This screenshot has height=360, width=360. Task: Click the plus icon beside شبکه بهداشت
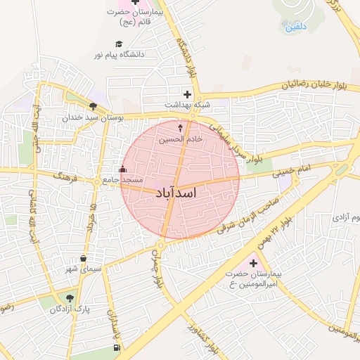[x=186, y=94]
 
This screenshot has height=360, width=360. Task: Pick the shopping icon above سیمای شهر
[x=84, y=258]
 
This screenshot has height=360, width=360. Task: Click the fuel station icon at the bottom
[x=116, y=347]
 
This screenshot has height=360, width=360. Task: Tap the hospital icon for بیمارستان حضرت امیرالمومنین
[x=253, y=262]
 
